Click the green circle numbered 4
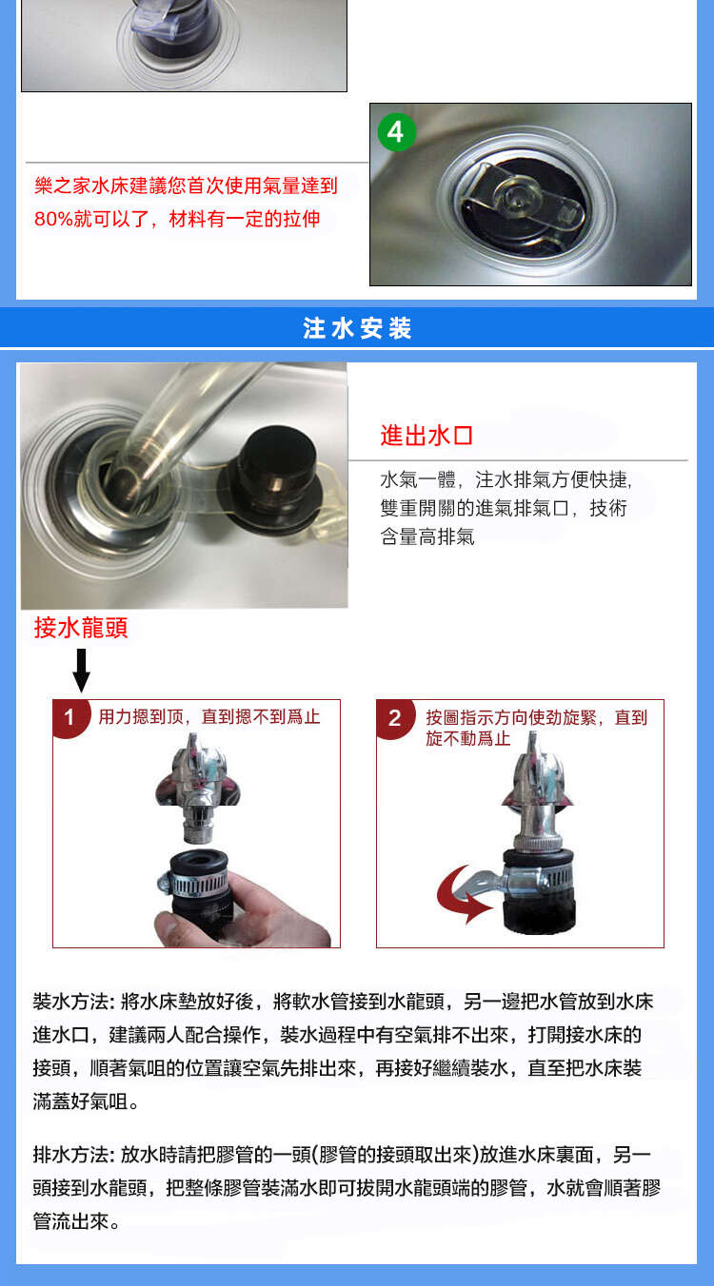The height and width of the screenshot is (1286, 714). [x=396, y=132]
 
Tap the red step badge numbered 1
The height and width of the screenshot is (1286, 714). [x=70, y=717]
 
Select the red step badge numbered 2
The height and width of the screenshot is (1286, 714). [x=395, y=718]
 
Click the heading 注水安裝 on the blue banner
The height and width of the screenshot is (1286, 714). [x=357, y=328]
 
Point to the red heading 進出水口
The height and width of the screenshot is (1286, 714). [x=426, y=436]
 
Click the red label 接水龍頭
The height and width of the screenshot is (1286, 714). [x=81, y=628]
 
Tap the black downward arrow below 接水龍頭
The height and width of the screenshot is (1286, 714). [x=82, y=670]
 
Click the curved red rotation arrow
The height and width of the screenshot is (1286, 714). [x=463, y=894]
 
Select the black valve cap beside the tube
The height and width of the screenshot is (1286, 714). [x=276, y=477]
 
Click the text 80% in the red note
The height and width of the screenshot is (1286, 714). [x=54, y=219]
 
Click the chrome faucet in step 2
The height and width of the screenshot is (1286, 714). [x=537, y=795]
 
